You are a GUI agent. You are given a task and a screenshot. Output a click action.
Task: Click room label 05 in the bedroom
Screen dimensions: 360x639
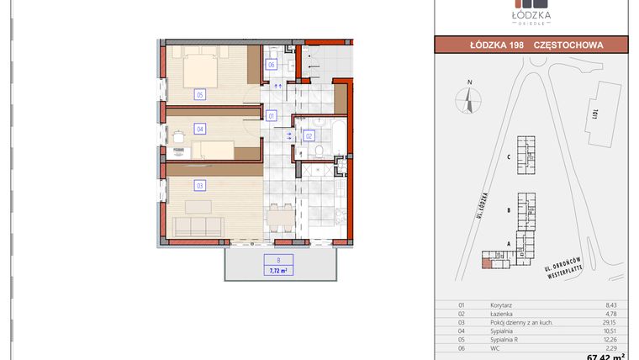tap(200, 94)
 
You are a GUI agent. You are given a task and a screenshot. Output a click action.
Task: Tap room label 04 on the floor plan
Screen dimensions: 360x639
tap(200, 130)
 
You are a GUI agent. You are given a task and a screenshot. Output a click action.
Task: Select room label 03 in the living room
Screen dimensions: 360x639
tap(200, 185)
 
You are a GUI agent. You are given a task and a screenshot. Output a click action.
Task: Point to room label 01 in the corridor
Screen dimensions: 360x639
tap(272, 115)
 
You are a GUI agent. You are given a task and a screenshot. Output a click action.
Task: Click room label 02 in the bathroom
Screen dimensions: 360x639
tap(309, 135)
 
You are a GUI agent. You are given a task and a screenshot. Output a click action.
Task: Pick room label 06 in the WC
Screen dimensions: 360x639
tap(272, 65)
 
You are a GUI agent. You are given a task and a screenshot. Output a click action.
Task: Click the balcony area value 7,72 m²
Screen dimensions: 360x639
tap(278, 271)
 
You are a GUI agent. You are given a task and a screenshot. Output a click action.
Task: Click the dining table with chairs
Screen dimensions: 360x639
tap(278, 217)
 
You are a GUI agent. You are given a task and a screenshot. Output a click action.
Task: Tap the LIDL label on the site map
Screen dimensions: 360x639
tap(594, 112)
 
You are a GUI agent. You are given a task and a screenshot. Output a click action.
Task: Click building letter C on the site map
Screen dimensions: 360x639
tap(510, 157)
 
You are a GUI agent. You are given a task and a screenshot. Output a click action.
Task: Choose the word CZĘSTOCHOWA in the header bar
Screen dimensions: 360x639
tap(568, 45)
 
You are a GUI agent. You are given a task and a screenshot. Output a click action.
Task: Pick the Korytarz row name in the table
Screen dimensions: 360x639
tap(501, 306)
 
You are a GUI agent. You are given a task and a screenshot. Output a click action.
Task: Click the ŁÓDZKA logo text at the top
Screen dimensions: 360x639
tap(531, 13)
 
